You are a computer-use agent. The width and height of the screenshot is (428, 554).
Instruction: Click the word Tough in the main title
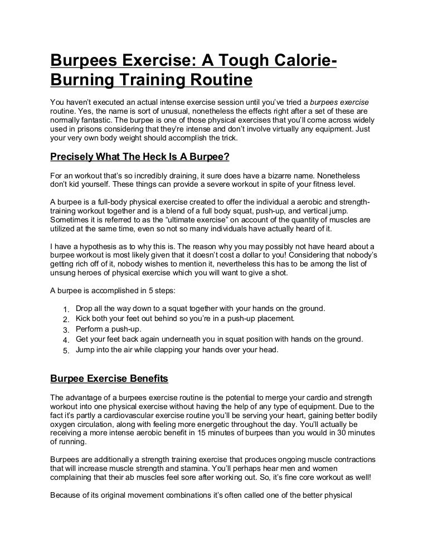221,61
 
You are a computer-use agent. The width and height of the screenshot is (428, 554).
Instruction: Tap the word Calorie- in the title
295,61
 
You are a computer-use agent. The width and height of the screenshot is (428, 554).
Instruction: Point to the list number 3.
65,329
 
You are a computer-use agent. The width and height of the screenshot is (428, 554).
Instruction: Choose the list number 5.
65,350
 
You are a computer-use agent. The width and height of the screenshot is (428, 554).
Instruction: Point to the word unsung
62,273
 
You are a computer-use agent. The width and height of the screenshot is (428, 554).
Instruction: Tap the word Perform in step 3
90,329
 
